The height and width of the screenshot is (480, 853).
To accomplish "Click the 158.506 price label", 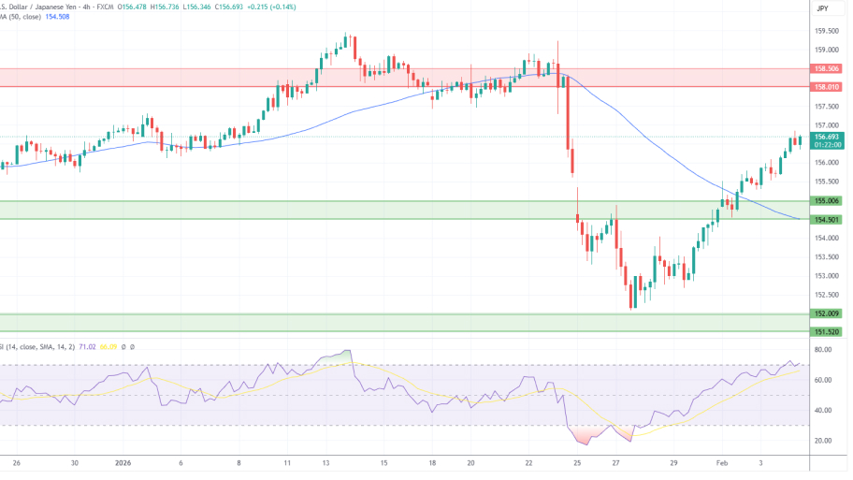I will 826,68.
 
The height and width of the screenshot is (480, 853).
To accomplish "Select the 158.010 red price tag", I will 826,87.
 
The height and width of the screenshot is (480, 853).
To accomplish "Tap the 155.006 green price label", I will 826,200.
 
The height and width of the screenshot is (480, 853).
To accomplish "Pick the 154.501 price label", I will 826,220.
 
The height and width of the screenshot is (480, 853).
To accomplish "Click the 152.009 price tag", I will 826,313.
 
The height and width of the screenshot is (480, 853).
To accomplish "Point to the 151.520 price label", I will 826,332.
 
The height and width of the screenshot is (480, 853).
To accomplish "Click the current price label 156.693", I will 826,137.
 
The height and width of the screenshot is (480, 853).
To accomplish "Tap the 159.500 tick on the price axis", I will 826,31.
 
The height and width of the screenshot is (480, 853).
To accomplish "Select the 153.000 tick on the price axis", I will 826,276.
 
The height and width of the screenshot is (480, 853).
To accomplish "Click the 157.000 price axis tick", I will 826,124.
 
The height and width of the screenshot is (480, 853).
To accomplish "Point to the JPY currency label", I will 822,8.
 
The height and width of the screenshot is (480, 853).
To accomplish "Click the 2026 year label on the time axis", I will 123,463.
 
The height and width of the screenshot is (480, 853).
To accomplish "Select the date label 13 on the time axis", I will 326,463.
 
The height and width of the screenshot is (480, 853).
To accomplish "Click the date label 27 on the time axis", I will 615,463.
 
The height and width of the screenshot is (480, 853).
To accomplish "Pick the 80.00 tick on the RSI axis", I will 823,350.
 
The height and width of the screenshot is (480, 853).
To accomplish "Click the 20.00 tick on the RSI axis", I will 823,441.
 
